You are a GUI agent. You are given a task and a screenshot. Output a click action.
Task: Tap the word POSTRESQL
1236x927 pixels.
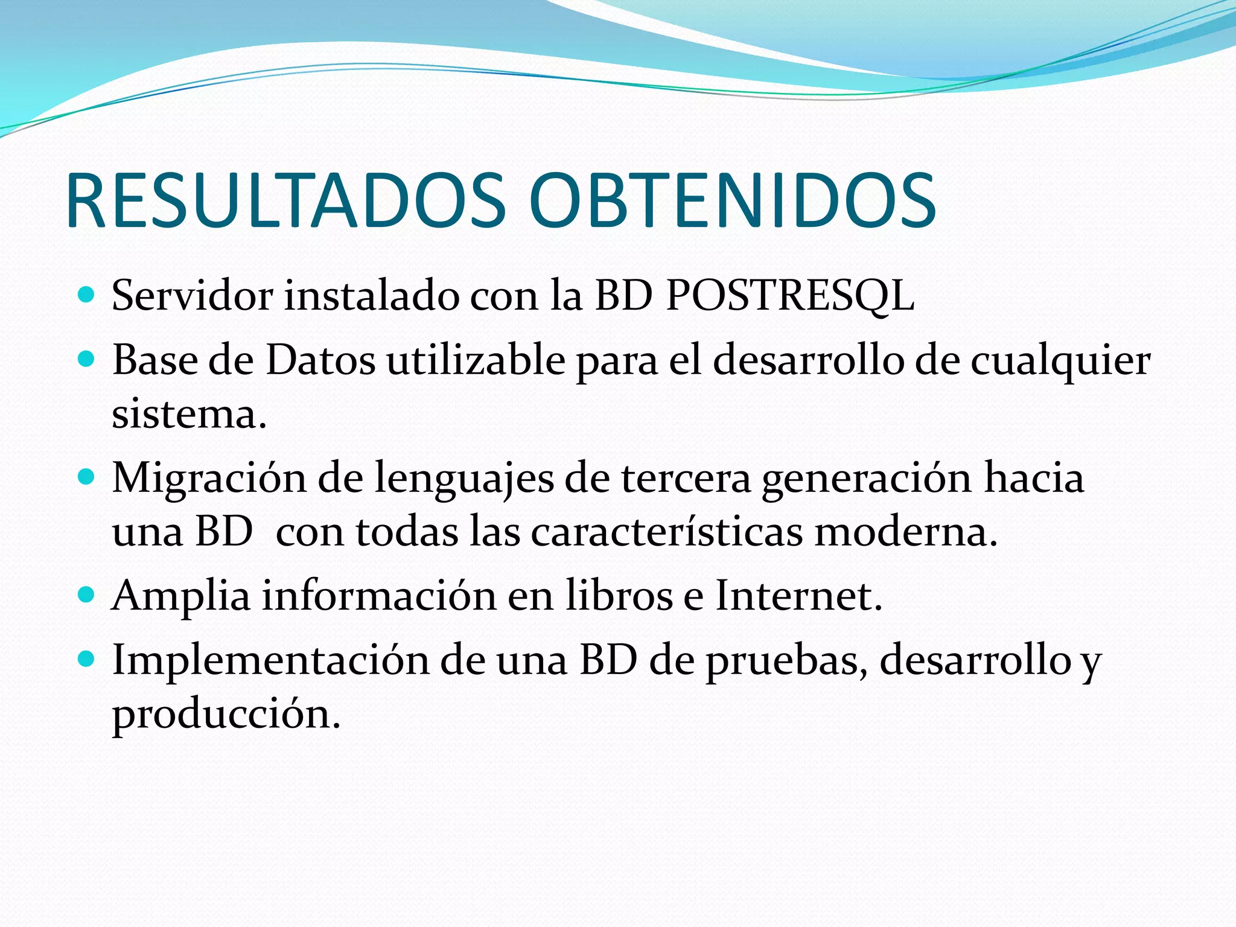pos(790,296)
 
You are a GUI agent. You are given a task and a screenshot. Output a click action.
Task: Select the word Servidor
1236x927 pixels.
pos(192,296)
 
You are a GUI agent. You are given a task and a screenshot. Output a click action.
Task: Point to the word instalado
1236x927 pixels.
pos(371,296)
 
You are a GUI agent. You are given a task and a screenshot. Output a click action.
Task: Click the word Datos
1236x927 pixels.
pos(320,360)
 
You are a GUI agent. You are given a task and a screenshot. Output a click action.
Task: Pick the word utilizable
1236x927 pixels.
pos(476,360)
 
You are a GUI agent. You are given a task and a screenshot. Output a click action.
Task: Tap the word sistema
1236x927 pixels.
pos(188,415)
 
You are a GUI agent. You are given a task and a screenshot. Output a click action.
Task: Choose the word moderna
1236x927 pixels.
pos(905,532)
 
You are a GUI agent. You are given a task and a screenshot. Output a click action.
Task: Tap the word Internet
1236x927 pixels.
pos(798,596)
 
